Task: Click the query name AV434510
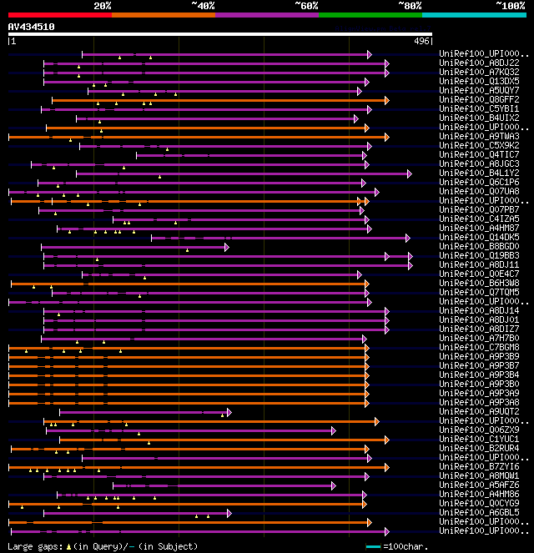32,27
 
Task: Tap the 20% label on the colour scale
103,6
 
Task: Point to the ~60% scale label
306,6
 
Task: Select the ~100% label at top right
510,6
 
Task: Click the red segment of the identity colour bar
59,14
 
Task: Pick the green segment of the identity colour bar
370,14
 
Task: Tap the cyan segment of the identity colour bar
473,14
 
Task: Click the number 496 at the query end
421,41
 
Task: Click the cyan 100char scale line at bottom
373,547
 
